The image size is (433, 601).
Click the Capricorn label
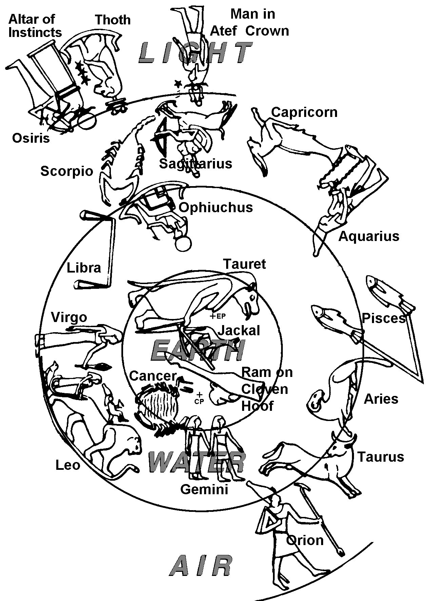[x=304, y=112]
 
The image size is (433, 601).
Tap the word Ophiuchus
[x=216, y=207]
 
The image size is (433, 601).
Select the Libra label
[x=84, y=268]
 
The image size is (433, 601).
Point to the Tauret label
[x=245, y=264]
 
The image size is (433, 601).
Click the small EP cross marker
[x=213, y=317]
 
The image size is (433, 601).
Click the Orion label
[x=304, y=540]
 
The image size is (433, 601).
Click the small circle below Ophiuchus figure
[x=184, y=243]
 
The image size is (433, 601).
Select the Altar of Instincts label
[x=35, y=26]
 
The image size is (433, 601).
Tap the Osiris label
[x=31, y=138]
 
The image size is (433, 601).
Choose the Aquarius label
[x=369, y=236]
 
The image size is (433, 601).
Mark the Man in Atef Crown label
[x=250, y=22]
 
